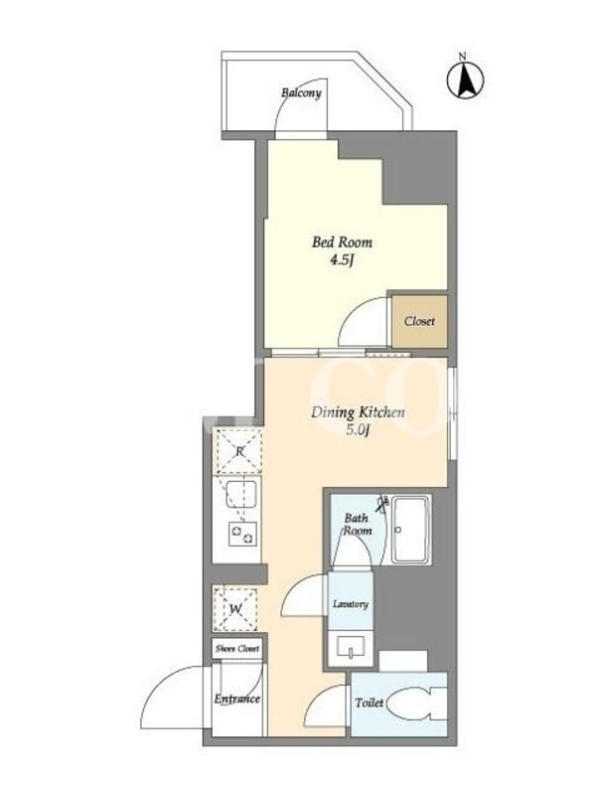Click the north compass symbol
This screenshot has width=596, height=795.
coord(465,79)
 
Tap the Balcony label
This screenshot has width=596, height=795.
coord(301,92)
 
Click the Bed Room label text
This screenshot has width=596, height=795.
coord(342,242)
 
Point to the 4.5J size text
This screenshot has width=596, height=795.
coord(342,260)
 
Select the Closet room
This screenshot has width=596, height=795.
coord(419,321)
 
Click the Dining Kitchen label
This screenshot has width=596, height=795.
coord(358,412)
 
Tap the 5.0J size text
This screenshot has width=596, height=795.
coord(358,431)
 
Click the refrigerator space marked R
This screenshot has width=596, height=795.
coord(239,451)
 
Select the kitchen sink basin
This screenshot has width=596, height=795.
coord(241,494)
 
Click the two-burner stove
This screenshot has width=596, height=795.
coord(242,534)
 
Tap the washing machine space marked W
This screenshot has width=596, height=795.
coord(235,609)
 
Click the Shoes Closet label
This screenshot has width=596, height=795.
coord(237,649)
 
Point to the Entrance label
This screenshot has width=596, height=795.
coord(236,699)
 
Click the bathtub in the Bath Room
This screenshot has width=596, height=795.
coord(411,530)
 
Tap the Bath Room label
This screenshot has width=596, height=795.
coord(358,525)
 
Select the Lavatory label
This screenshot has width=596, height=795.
coord(351,604)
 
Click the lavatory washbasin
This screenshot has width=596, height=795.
coord(351,649)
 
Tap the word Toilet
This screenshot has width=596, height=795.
coord(370,703)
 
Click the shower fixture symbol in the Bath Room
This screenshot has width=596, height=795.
coord(382,503)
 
